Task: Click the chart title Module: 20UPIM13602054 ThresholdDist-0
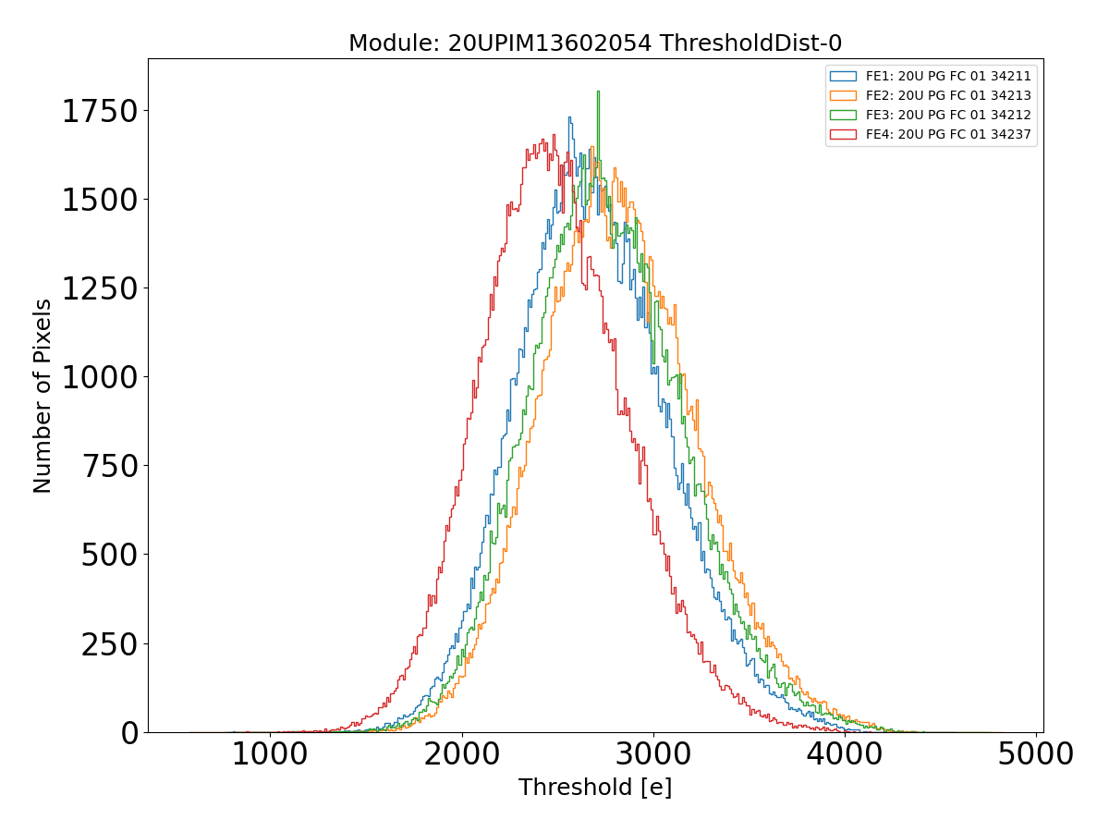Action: (x=595, y=43)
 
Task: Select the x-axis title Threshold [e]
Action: (x=595, y=788)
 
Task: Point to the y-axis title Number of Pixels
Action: (x=43, y=396)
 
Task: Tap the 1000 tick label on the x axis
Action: (x=270, y=754)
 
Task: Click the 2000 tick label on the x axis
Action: (x=461, y=754)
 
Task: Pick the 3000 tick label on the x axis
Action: (x=653, y=754)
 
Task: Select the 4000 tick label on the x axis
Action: (x=845, y=754)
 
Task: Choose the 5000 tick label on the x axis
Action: (x=1036, y=754)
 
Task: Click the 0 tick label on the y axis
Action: (x=128, y=733)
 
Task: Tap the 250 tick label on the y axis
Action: (x=109, y=644)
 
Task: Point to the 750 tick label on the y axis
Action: (x=109, y=467)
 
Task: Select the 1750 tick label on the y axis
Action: (x=99, y=112)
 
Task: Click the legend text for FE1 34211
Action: (x=948, y=75)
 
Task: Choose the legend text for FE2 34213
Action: (x=948, y=95)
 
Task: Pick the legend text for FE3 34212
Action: (x=948, y=115)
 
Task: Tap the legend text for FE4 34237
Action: (x=948, y=135)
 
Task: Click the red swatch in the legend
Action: (x=843, y=135)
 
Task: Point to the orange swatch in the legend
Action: (x=843, y=95)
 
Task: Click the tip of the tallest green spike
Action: (x=598, y=91)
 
